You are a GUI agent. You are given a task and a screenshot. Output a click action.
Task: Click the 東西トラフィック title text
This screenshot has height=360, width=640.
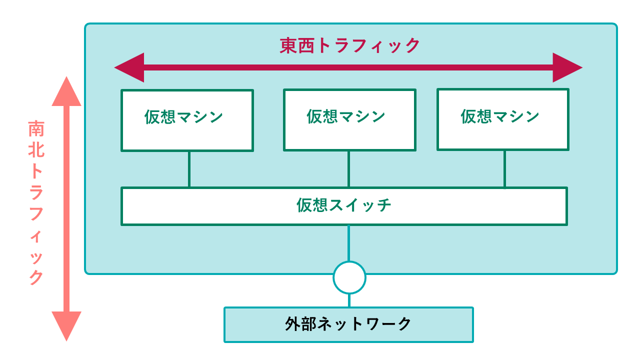click(350, 45)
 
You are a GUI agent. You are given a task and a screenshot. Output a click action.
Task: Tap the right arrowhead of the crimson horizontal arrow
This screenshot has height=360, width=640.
click(568, 67)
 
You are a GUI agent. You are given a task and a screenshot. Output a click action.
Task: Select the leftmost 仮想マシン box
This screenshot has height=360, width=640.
click(187, 120)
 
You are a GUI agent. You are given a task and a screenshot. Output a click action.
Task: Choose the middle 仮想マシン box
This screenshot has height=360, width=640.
click(349, 120)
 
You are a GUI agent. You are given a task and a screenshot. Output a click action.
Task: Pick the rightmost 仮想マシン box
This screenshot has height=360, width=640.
click(503, 119)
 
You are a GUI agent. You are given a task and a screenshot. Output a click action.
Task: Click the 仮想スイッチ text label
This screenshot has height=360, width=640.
click(344, 205)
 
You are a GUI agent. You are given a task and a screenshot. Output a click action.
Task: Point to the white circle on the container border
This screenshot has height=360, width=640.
click(349, 277)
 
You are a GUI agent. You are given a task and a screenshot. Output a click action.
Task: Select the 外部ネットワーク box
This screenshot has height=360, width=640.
click(348, 324)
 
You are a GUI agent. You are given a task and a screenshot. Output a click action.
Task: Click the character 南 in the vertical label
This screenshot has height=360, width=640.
click(36, 129)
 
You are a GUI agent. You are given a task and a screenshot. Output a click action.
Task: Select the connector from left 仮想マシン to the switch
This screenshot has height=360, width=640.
click(189, 169)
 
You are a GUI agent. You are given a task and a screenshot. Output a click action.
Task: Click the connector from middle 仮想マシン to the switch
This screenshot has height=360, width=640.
click(348, 169)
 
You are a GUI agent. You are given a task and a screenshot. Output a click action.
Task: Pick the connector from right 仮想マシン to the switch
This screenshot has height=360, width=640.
click(504, 169)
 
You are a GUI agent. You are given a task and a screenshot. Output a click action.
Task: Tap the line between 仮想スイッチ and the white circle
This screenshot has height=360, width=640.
click(348, 243)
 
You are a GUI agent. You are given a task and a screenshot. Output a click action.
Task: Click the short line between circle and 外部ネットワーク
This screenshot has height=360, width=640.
click(349, 300)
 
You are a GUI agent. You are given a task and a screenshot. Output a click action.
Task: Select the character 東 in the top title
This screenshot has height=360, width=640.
click(288, 45)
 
